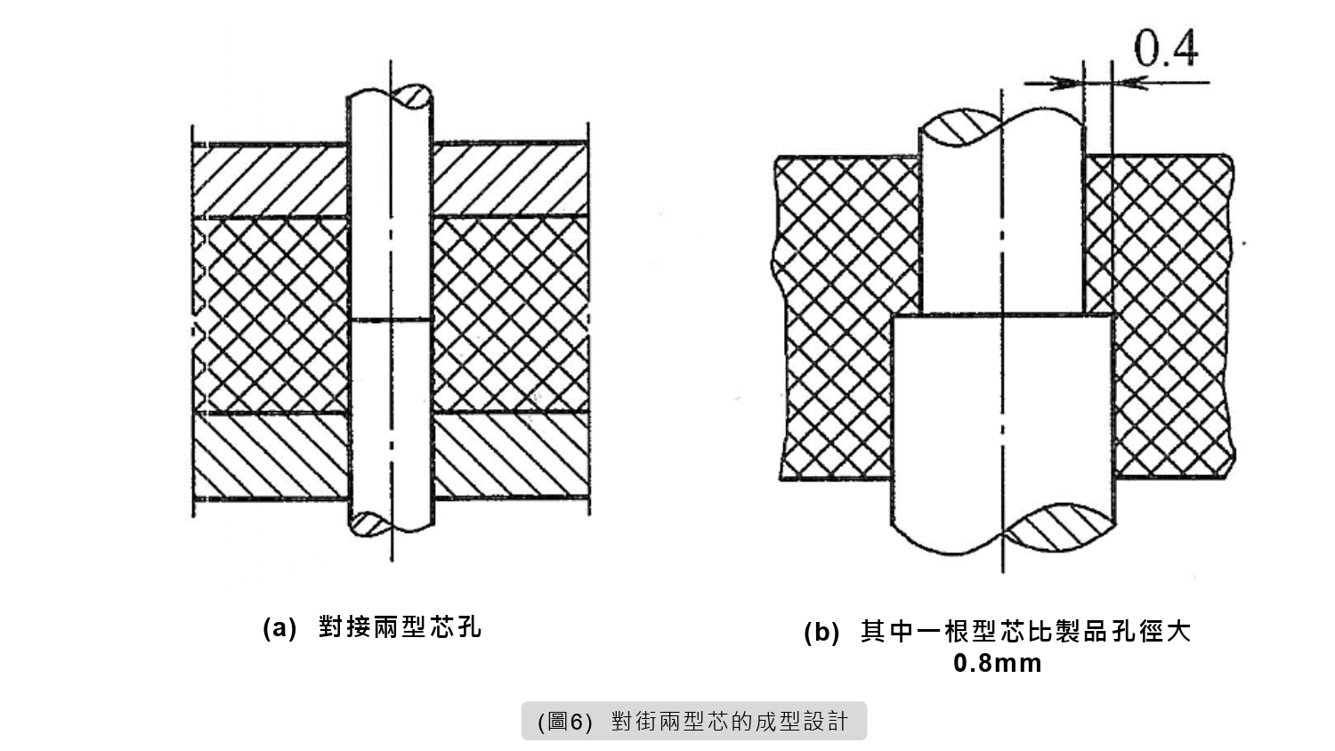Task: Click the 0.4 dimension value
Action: [x=1166, y=50]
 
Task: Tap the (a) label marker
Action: [x=279, y=627]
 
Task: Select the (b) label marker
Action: [x=821, y=633]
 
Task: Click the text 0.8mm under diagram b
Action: [x=997, y=664]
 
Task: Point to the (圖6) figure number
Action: [x=565, y=722]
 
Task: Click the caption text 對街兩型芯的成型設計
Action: [x=730, y=722]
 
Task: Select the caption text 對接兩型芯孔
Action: [x=400, y=627]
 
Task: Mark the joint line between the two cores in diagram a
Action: [x=391, y=319]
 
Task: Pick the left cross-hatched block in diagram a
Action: [x=271, y=314]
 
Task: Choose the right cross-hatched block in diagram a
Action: [x=510, y=314]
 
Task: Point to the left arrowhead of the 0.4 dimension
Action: [x=1064, y=83]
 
